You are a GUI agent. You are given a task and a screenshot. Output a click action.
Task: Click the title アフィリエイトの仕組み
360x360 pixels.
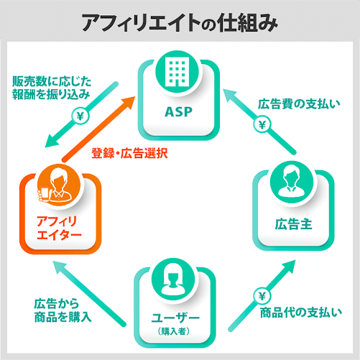(180, 22)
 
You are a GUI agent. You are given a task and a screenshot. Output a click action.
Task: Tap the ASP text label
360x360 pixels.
(179, 112)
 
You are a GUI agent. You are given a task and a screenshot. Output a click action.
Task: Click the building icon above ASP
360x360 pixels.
(177, 72)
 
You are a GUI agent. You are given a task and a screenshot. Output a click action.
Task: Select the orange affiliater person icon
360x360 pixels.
(59, 185)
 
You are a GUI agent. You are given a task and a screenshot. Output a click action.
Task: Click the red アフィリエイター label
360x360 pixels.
(59, 228)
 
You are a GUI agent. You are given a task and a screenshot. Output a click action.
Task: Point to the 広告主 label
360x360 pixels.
(293, 224)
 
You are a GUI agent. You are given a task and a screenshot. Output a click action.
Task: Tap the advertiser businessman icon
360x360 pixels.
(292, 183)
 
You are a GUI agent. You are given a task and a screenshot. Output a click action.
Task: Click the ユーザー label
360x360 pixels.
(175, 318)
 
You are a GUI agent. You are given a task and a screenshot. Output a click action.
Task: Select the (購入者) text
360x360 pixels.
(174, 331)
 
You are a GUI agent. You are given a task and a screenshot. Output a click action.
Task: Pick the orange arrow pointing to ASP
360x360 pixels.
(98, 128)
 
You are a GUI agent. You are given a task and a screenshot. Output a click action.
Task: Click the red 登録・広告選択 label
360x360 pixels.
(129, 153)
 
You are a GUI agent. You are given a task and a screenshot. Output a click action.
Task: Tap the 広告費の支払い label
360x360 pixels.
(299, 104)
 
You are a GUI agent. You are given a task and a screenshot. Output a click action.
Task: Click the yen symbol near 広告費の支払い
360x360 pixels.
(262, 125)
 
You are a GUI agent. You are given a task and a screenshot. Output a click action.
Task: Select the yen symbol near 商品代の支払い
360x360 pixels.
(262, 297)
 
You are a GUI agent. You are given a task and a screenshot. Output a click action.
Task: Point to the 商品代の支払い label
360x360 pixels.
(301, 313)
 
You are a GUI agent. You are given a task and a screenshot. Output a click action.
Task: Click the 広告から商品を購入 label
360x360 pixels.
(63, 310)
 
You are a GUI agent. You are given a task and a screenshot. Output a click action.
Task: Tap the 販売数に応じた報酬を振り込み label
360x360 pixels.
(52, 88)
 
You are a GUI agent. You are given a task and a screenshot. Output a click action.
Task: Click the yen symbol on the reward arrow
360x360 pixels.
(80, 116)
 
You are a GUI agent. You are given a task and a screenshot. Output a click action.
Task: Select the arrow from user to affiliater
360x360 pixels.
(88, 294)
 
